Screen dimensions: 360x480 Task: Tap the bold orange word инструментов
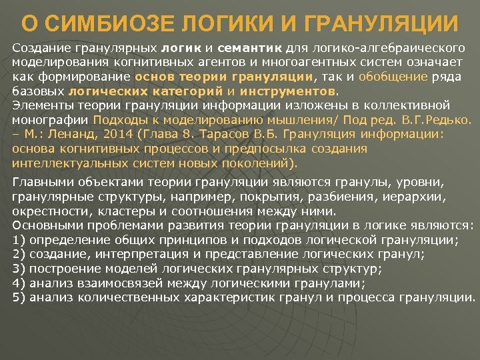click(289, 90)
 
